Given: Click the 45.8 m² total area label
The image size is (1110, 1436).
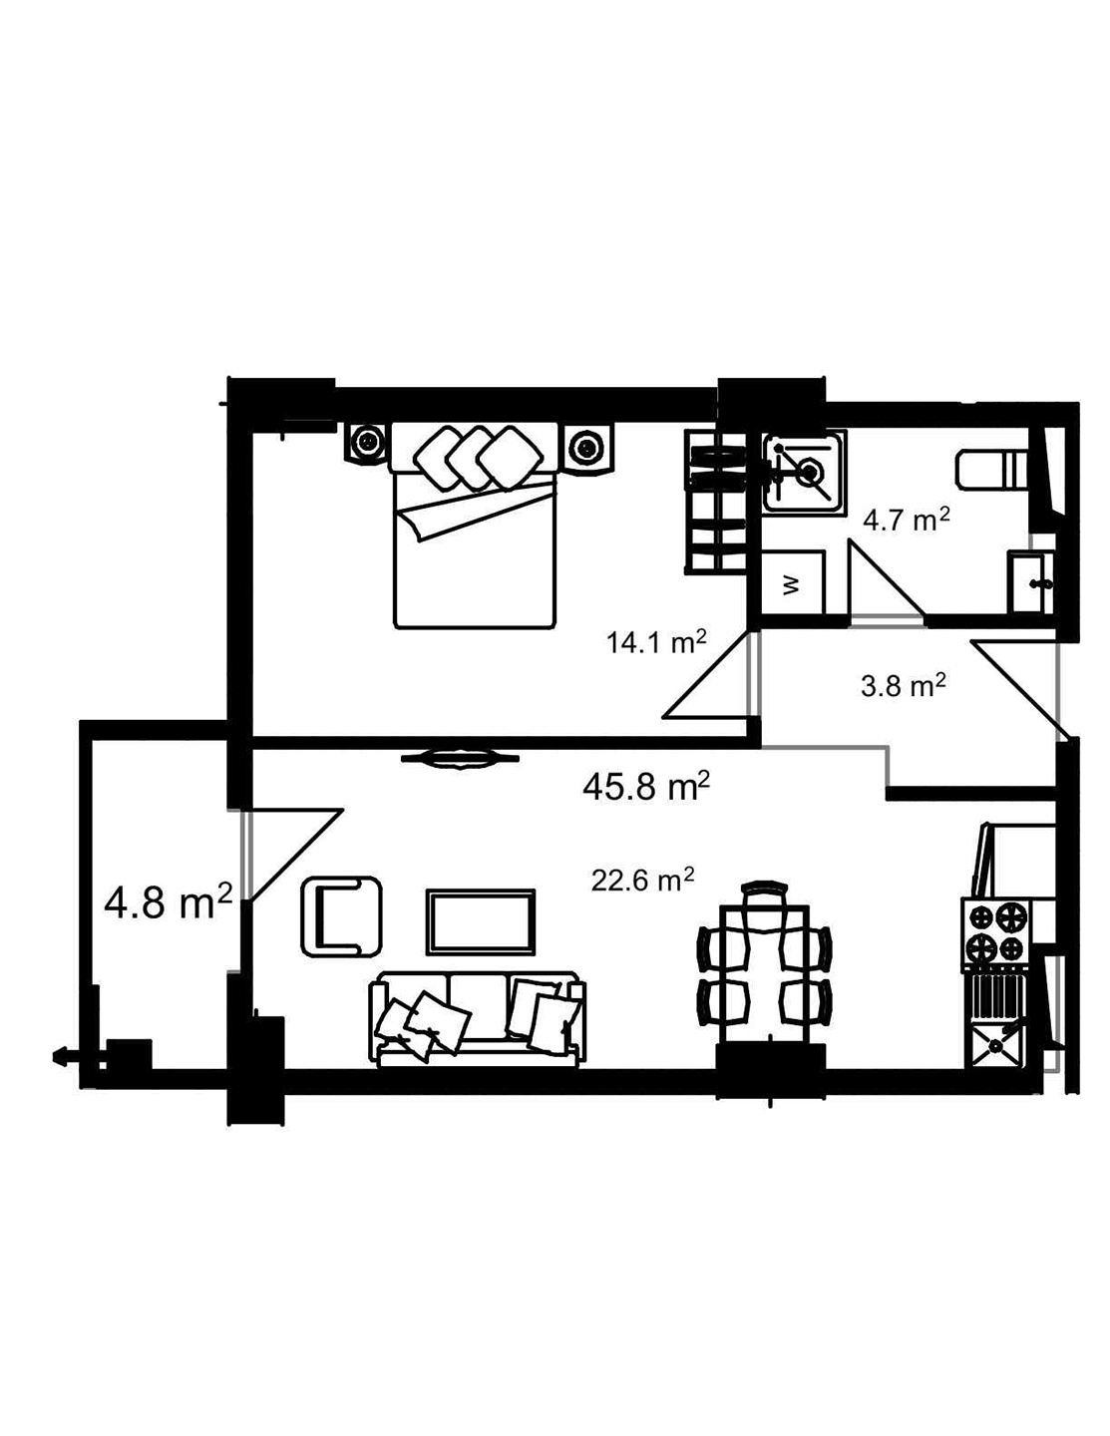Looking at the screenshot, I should (646, 787).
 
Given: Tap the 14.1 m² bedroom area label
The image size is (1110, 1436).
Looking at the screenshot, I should (656, 642).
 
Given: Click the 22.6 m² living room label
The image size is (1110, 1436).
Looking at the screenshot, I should (642, 881).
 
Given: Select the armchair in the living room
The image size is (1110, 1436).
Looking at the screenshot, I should (341, 913).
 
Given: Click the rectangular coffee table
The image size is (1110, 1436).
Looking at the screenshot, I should (481, 920).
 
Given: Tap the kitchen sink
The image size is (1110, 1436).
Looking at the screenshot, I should (993, 1046).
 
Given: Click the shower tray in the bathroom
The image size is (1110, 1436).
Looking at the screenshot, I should (804, 472).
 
